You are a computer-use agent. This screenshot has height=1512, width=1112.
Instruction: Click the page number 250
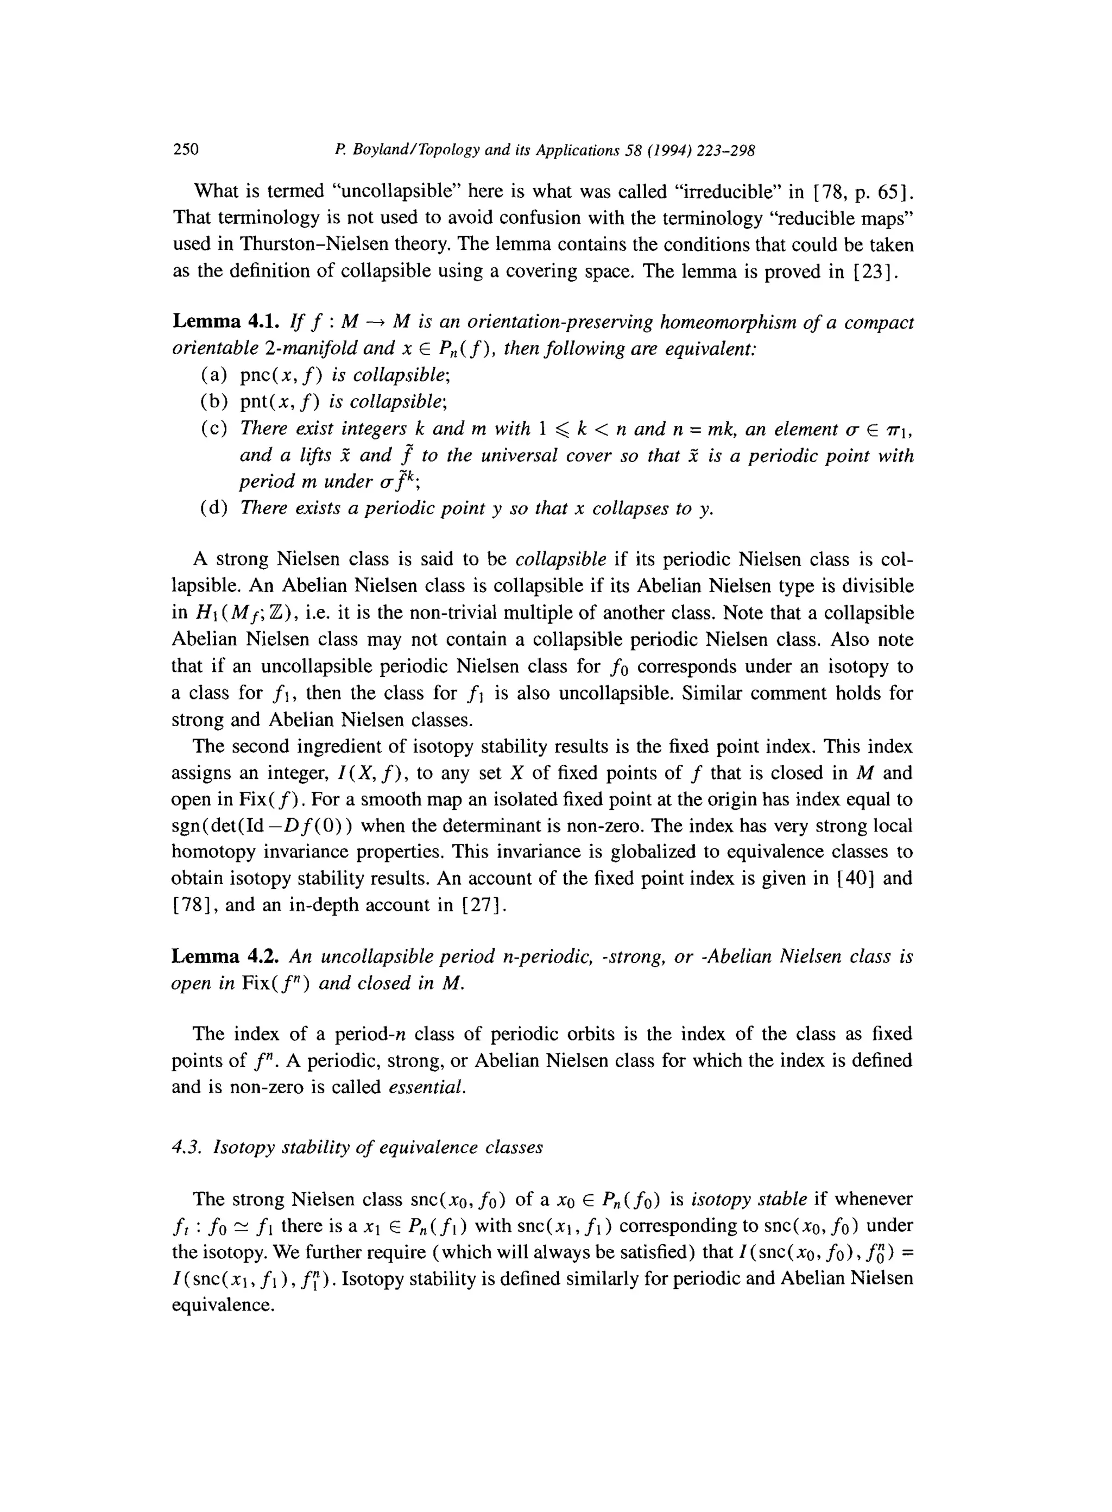point(186,149)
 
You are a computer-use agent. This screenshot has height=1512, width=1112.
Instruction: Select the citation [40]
point(854,879)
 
